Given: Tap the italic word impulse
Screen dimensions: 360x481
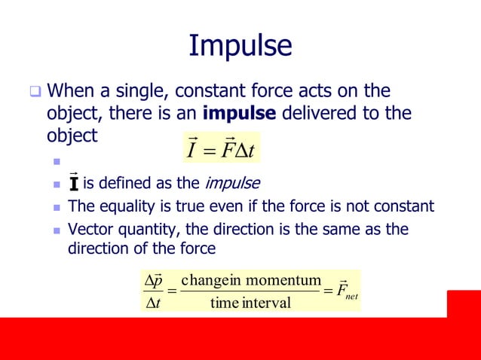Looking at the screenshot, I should pos(234,183).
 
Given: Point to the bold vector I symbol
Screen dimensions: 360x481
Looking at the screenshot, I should pos(73,182).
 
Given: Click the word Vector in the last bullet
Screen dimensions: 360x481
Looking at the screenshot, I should pos(89,229).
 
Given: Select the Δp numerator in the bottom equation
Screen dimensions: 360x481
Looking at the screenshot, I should pos(153,280).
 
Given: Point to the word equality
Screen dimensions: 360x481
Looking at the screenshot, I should pos(123,206).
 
